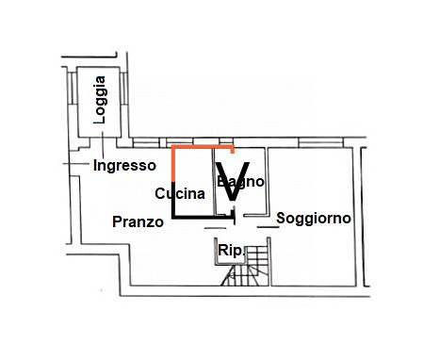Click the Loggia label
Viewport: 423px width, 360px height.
tap(101, 100)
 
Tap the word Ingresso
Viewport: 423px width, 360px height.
tap(124, 165)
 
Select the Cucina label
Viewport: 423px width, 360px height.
tap(180, 193)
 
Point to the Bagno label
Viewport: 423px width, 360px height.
tap(240, 182)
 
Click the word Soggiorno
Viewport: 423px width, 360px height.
tap(314, 219)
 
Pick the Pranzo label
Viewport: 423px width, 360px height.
tap(138, 221)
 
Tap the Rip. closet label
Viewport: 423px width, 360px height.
tap(231, 251)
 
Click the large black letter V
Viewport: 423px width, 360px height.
tap(233, 181)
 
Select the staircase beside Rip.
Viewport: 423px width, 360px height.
tap(246, 266)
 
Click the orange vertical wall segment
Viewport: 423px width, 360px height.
tap(173, 164)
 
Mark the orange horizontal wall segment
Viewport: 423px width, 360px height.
tap(203, 147)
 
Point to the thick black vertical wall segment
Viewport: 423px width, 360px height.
tap(173, 200)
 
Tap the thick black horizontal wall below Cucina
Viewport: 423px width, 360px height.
tap(203, 217)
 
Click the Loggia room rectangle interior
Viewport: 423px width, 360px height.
tap(99, 102)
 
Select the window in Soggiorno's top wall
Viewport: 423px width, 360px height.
tap(320, 142)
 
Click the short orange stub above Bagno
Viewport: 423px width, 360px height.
tap(233, 150)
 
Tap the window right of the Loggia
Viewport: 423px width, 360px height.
tap(124, 89)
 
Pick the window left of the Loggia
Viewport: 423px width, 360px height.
tap(73, 89)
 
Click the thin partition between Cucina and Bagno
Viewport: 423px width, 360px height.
tap(213, 182)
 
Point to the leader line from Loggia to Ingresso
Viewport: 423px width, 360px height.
tap(103, 145)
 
